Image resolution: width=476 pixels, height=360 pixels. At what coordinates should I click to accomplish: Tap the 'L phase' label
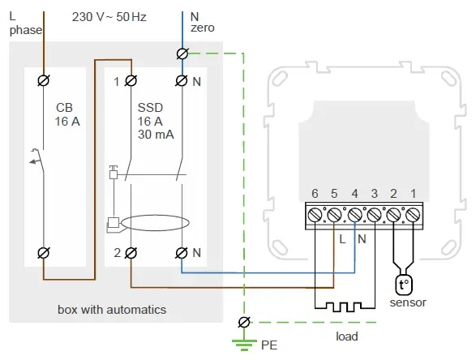(x=24, y=22)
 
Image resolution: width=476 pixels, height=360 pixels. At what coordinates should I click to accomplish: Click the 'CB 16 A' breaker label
(x=65, y=114)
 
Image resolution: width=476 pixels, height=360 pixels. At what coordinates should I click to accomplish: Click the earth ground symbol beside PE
(x=242, y=342)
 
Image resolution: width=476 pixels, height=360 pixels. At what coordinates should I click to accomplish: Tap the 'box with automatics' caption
(x=112, y=310)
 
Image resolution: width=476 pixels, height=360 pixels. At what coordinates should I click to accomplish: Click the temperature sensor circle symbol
(x=402, y=285)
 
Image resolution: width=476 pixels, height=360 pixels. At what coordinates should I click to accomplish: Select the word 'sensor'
(x=408, y=302)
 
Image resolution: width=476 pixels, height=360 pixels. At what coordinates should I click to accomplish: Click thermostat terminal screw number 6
(x=315, y=215)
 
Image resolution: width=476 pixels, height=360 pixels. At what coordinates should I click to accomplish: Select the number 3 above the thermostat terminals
(x=374, y=193)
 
